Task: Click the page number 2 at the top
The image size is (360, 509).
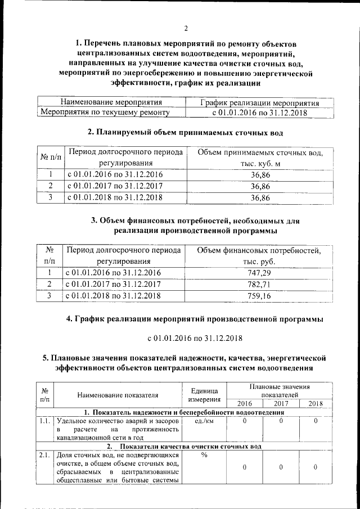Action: click(x=186, y=29)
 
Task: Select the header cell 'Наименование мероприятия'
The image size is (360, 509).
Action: click(x=111, y=103)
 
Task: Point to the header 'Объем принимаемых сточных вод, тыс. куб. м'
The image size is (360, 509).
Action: click(x=260, y=158)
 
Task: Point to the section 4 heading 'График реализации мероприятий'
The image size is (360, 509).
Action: click(x=195, y=319)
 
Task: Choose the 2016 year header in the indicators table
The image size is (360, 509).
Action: click(x=245, y=403)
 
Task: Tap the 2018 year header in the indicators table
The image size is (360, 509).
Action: click(x=316, y=403)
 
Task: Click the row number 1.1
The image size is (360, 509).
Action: click(x=43, y=420)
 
